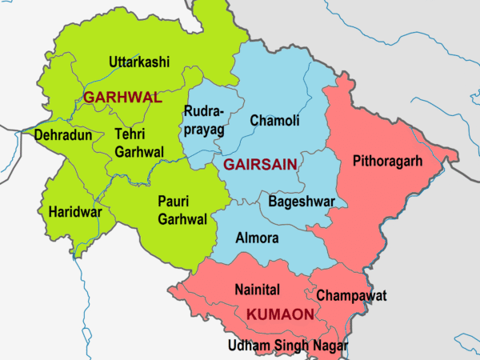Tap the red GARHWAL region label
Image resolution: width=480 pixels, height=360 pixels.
[123, 98]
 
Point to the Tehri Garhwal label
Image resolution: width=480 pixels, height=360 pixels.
[139, 142]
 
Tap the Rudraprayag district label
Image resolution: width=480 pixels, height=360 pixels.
[206, 119]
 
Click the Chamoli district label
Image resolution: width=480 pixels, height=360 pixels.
[274, 121]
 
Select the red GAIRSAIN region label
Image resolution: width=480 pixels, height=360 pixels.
[260, 164]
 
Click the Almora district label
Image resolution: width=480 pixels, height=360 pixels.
[258, 238]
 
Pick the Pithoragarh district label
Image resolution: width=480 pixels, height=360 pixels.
[388, 162]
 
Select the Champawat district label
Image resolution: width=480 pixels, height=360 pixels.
[351, 296]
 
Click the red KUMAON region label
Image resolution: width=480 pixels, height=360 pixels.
[279, 315]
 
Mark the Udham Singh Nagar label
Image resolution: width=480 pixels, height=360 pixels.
[288, 345]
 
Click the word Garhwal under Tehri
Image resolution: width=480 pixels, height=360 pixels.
[139, 152]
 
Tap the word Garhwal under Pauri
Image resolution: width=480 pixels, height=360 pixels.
[182, 219]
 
